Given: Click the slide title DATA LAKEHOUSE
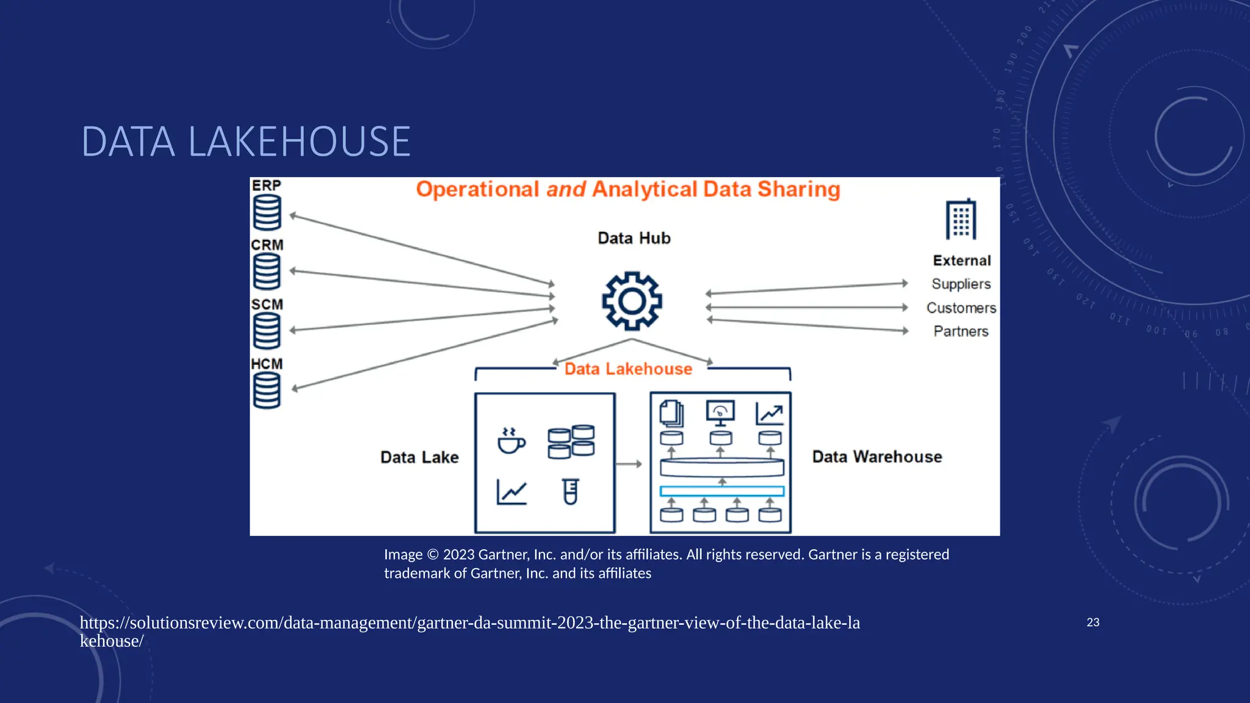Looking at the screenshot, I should tap(246, 142).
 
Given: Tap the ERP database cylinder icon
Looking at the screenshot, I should tap(267, 212).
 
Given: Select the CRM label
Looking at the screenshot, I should tap(267, 245).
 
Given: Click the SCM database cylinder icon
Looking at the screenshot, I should tap(267, 330).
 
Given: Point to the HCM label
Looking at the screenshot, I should tap(267, 364).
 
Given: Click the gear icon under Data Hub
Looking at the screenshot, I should tap(632, 301).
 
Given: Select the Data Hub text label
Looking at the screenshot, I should tap(634, 238).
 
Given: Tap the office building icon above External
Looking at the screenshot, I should tap(961, 219).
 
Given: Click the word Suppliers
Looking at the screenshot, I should tap(961, 284).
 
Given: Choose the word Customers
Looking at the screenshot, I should tap(961, 308).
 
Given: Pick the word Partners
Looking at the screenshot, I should tap(961, 331).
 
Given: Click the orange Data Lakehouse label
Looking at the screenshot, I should tap(628, 369).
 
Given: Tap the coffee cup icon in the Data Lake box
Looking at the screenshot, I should tap(511, 441).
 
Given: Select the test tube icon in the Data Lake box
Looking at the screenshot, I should tap(571, 491).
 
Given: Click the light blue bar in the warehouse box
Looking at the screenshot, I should tap(721, 491).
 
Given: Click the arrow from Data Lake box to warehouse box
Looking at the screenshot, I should tap(629, 464).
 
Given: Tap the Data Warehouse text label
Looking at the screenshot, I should tap(876, 456).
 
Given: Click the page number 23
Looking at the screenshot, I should tap(1093, 622).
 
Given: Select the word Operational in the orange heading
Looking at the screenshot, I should tap(477, 189).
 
